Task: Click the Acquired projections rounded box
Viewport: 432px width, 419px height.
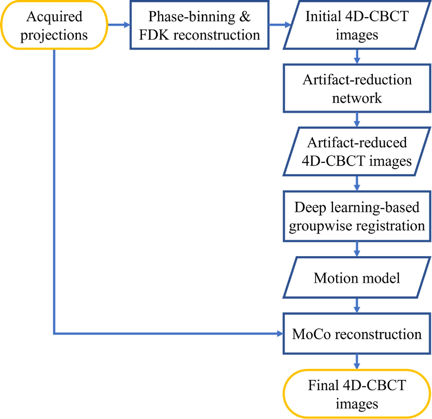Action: pyautogui.click(x=54, y=25)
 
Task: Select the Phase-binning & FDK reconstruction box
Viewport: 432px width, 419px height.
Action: pyautogui.click(x=199, y=25)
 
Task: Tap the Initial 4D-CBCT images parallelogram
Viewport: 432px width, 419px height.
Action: pyautogui.click(x=357, y=25)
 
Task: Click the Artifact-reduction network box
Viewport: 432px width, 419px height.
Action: pyautogui.click(x=357, y=88)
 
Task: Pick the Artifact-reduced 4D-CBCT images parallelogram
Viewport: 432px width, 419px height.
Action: pyautogui.click(x=357, y=152)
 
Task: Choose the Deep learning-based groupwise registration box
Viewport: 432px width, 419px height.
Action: pyautogui.click(x=357, y=216)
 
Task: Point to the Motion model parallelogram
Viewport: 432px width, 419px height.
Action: pyautogui.click(x=357, y=278)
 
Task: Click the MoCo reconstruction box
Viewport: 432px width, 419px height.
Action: pyautogui.click(x=357, y=334)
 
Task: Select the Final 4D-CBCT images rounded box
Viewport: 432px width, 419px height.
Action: pyautogui.click(x=357, y=394)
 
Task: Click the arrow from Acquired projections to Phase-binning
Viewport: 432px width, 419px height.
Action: pyautogui.click(x=119, y=25)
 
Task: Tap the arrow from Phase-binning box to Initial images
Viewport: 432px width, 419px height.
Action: pyautogui.click(x=279, y=25)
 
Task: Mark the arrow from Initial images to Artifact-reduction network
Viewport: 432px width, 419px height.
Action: pyautogui.click(x=357, y=57)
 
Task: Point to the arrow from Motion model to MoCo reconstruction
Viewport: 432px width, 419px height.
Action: pyautogui.click(x=357, y=306)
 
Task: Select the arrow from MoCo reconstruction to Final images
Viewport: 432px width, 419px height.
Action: pyautogui.click(x=357, y=362)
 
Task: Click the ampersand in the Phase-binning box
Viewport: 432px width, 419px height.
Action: pyautogui.click(x=245, y=16)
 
